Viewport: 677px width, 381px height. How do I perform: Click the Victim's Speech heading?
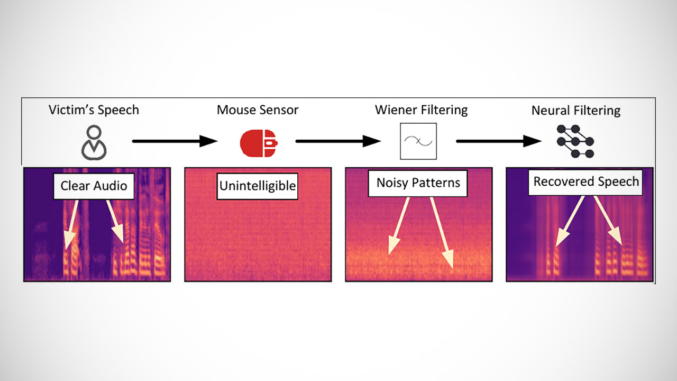point(94,110)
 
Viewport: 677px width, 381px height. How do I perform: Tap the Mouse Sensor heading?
point(258,110)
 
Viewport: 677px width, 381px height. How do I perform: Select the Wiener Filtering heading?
point(421,110)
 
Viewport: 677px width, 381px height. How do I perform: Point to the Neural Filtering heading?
point(576,111)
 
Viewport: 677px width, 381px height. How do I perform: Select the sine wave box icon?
point(418,141)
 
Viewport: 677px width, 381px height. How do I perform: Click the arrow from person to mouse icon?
point(175,141)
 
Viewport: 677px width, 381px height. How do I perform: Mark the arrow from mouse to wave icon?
point(338,141)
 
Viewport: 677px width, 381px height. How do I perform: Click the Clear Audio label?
point(94,186)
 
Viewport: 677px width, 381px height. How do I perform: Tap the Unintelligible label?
point(258,187)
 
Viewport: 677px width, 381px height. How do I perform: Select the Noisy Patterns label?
point(418,183)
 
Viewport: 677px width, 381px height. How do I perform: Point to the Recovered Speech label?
point(586,182)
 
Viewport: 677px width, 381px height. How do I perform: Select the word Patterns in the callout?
point(437,183)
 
